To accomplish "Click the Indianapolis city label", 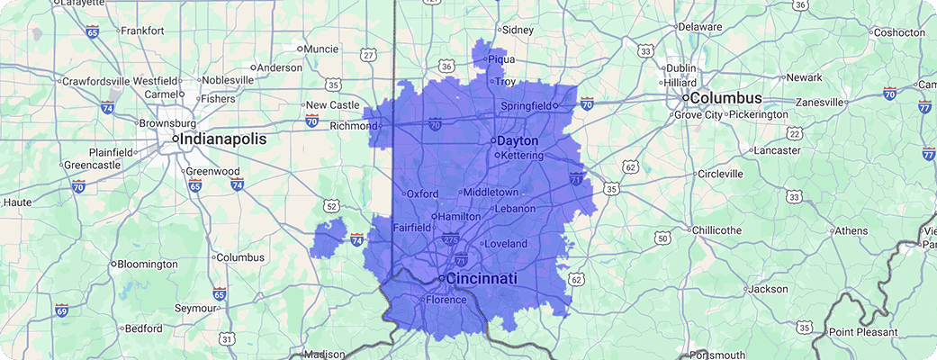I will [x=224, y=139].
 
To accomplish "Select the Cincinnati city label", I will [x=482, y=279].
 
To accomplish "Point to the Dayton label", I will [x=518, y=141].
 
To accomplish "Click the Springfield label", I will [x=527, y=106].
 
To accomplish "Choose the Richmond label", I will [x=354, y=126].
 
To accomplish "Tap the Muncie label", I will [x=321, y=49].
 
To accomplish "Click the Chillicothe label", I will [x=716, y=230].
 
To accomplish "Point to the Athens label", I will [x=851, y=230].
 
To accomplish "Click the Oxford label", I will [x=422, y=193].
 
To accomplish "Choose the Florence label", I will [x=446, y=300].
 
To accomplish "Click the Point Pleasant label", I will [x=863, y=332].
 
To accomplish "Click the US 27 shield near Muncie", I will [x=368, y=55].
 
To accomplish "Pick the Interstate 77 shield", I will [x=924, y=107].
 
